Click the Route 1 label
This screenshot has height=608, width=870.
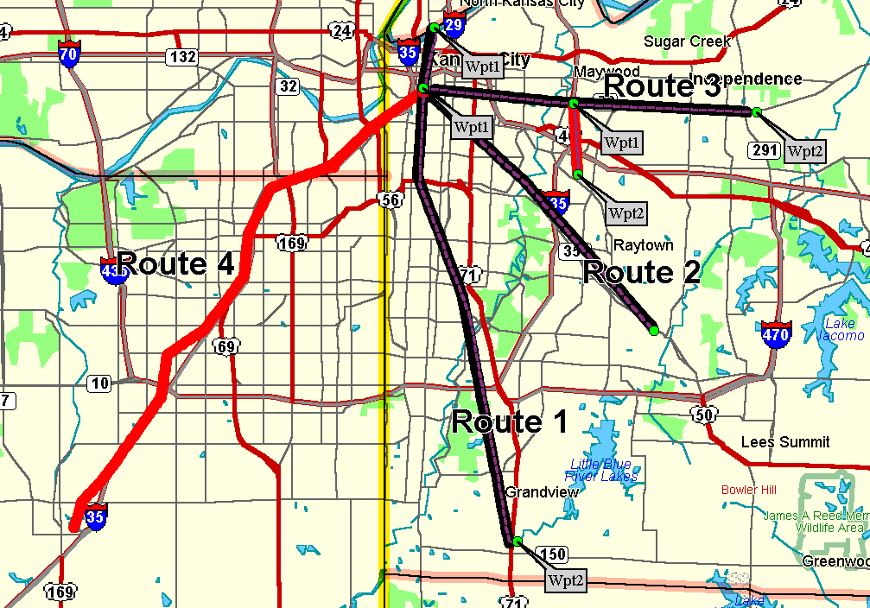click(510, 422)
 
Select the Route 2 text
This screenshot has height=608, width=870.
click(641, 272)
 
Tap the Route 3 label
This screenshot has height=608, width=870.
click(662, 86)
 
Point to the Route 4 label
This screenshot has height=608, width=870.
click(176, 263)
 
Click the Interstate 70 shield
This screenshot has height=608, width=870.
click(69, 53)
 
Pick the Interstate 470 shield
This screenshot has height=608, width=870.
click(776, 333)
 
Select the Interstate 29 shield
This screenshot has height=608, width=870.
click(453, 23)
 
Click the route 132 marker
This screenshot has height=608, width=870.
click(182, 57)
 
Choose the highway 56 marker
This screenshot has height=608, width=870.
click(390, 200)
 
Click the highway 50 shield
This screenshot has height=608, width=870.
click(702, 415)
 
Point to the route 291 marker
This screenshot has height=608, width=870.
click(765, 150)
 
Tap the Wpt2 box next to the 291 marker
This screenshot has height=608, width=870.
click(805, 151)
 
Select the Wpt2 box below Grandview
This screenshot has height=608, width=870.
click(566, 579)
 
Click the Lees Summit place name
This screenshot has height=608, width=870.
click(785, 442)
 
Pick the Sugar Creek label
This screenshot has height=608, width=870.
click(687, 41)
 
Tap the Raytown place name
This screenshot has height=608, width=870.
click(643, 245)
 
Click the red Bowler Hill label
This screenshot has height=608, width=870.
click(748, 490)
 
